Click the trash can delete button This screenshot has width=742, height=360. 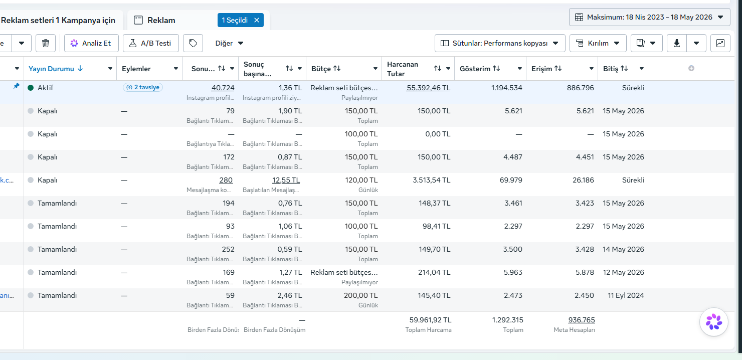pyautogui.click(x=46, y=43)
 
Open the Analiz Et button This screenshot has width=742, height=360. pyautogui.click(x=91, y=43)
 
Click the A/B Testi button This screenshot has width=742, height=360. pyautogui.click(x=151, y=43)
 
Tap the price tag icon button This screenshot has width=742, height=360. pyautogui.click(x=193, y=43)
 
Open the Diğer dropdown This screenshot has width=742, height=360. pyautogui.click(x=229, y=43)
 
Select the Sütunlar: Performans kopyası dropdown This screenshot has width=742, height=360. pyautogui.click(x=500, y=43)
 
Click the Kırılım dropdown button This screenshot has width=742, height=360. pyautogui.click(x=598, y=43)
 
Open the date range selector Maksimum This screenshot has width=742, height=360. pyautogui.click(x=650, y=17)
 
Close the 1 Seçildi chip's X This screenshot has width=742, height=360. pyautogui.click(x=257, y=20)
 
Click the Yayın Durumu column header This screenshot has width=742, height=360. pyautogui.click(x=51, y=69)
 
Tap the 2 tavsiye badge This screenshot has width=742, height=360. pyautogui.click(x=143, y=87)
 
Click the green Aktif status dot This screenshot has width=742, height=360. pyautogui.click(x=31, y=88)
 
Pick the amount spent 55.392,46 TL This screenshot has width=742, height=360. pyautogui.click(x=428, y=88)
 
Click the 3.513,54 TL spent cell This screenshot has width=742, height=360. pyautogui.click(x=431, y=180)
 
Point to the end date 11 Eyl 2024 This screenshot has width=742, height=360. pyautogui.click(x=626, y=295)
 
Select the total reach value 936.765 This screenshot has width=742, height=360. pyautogui.click(x=582, y=320)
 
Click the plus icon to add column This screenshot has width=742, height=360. pyautogui.click(x=691, y=68)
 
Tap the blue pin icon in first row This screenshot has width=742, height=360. pyautogui.click(x=16, y=86)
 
